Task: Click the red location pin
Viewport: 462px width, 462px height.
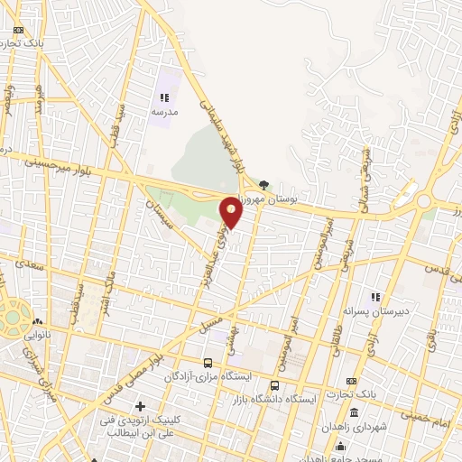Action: tap(232, 212)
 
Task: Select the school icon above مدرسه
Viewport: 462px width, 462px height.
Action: tap(164, 97)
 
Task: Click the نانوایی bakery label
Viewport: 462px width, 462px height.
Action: tap(36, 335)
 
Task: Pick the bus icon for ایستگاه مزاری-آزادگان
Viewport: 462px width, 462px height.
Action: tap(208, 363)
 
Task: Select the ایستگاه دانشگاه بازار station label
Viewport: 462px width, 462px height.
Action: tap(276, 398)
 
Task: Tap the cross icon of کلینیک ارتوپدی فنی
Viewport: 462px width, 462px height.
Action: tap(140, 408)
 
